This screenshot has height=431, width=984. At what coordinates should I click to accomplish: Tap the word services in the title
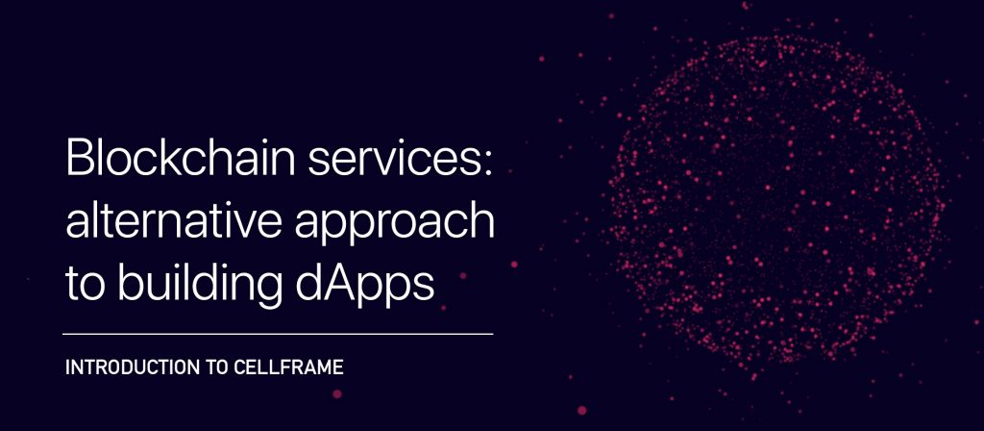[393, 162]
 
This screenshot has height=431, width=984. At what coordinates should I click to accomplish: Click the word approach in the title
[395, 225]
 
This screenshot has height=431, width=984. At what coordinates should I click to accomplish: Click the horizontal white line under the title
[278, 334]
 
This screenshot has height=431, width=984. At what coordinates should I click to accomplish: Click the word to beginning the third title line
[86, 286]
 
